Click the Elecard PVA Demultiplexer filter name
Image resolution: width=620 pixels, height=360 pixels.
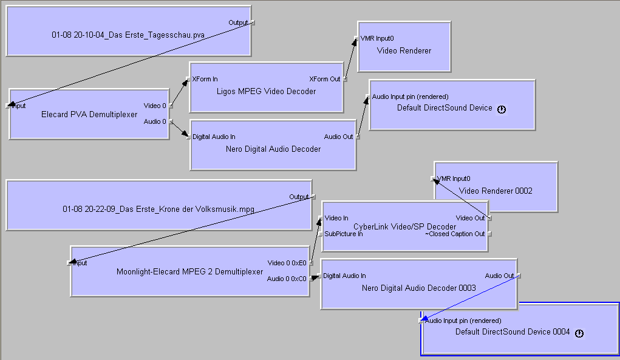click(x=89, y=114)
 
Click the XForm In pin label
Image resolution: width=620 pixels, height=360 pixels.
click(x=205, y=79)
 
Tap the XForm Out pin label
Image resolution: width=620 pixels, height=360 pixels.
click(x=324, y=79)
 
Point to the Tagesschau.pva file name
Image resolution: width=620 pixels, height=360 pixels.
click(x=128, y=35)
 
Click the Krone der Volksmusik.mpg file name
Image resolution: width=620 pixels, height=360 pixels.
click(x=158, y=209)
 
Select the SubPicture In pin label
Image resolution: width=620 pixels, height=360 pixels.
click(x=344, y=234)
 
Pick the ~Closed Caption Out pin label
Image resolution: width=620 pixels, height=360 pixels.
click(x=455, y=234)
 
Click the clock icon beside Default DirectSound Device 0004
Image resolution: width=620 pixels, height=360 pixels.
click(x=579, y=333)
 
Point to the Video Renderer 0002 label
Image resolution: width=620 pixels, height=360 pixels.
click(x=496, y=191)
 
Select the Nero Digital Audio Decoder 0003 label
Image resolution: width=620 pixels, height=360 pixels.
click(x=419, y=288)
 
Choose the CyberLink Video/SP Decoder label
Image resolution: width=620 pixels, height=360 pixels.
click(x=405, y=226)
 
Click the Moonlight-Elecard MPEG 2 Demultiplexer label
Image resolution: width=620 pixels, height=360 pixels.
click(x=190, y=271)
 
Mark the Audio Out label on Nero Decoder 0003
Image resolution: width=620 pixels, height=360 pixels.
click(x=499, y=276)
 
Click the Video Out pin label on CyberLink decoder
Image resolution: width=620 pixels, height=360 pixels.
click(x=470, y=218)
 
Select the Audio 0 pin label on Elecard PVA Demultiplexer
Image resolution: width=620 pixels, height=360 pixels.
click(x=155, y=121)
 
